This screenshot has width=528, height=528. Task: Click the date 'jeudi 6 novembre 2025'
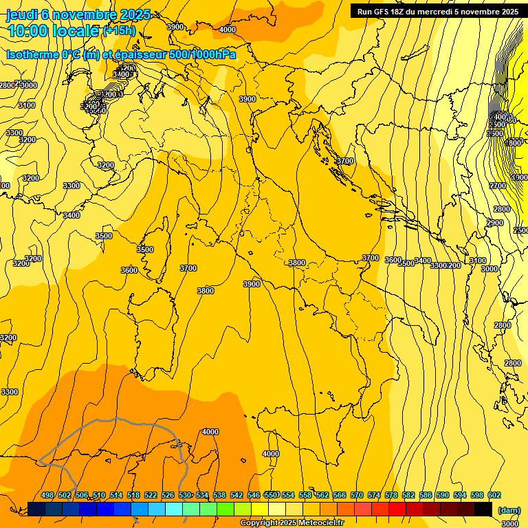pos(78,14)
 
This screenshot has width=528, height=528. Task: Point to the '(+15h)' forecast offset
pos(119,31)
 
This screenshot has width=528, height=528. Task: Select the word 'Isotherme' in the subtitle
pos(32,54)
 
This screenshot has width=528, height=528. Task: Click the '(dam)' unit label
pos(509,509)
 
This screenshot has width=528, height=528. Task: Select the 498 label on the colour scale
pos(47,495)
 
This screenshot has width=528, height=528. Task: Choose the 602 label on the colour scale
pos(494,495)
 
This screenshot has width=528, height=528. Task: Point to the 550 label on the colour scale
pos(271,495)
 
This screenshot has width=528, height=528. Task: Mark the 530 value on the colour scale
pos(185,495)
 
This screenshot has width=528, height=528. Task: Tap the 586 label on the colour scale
pos(426,495)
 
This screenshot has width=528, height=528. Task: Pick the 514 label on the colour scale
pos(116,495)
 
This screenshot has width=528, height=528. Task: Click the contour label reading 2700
pos(498,186)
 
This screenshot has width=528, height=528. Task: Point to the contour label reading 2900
pos(495,223)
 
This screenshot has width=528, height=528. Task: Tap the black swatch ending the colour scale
pos(483,509)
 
